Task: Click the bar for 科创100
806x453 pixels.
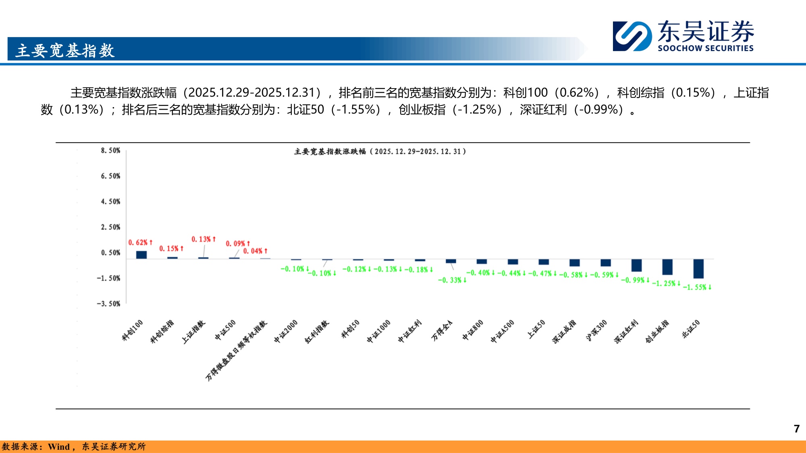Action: coord(141,255)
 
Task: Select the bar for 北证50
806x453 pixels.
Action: coord(698,269)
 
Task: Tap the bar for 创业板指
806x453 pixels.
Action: coord(667,267)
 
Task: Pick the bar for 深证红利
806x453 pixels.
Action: coord(637,265)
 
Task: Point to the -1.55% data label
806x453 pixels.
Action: coord(697,287)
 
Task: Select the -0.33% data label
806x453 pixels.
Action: coord(452,280)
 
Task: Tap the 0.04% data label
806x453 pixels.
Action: coord(255,251)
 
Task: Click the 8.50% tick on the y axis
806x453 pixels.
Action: coord(110,151)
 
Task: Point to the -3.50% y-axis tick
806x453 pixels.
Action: coord(108,304)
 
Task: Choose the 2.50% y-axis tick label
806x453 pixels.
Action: coord(110,227)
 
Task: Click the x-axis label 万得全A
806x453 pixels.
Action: coord(442,330)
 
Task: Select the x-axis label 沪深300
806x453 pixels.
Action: coord(596,330)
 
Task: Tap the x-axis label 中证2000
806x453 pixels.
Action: coord(286,331)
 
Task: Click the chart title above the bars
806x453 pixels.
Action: coord(380,151)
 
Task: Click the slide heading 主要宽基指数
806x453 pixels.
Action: coord(65,51)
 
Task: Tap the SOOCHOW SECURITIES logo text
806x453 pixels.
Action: coord(705,48)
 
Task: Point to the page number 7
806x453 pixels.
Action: coord(796,429)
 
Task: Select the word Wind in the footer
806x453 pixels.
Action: coord(59,447)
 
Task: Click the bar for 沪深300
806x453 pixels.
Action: coord(606,263)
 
